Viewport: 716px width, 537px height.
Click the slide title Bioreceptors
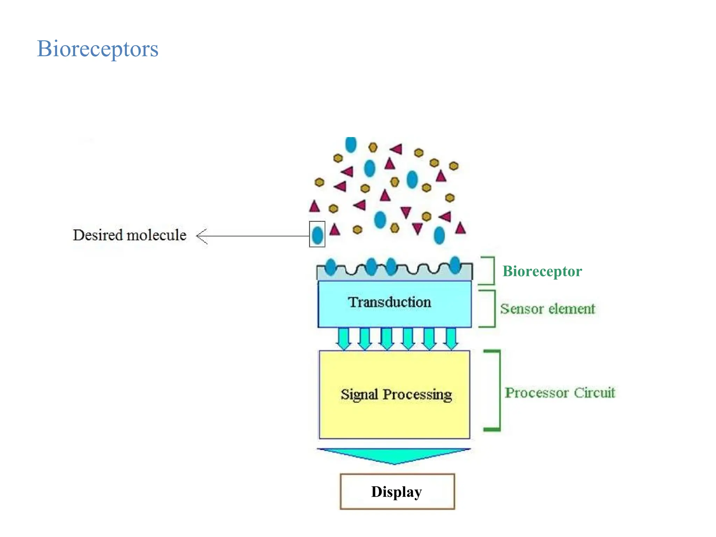pos(98,49)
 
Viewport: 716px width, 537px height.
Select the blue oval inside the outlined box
pos(317,235)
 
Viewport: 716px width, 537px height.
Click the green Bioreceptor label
pos(542,271)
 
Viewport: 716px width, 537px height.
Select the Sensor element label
pos(547,309)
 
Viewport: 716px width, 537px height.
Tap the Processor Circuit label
pos(559,393)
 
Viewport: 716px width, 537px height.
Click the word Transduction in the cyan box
pos(389,302)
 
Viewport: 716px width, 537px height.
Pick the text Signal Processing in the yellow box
pos(396,394)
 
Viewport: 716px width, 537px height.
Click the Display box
pos(397,492)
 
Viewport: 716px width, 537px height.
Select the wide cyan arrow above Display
pos(394,456)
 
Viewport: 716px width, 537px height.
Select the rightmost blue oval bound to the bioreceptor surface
pos(455,265)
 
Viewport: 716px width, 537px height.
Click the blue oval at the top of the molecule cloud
pos(351,144)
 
